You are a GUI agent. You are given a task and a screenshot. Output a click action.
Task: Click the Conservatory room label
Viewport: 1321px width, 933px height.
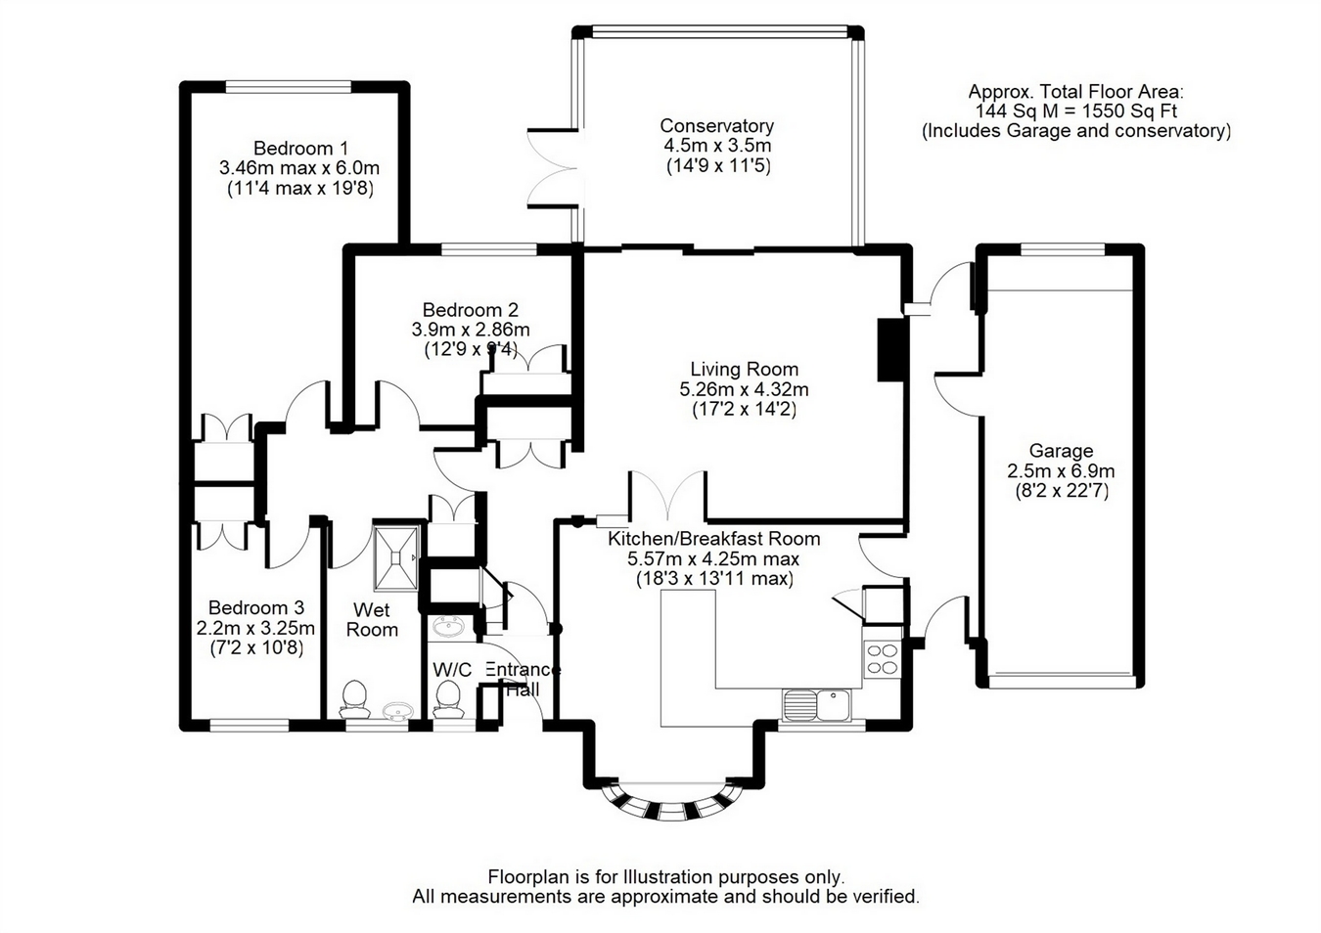(716, 125)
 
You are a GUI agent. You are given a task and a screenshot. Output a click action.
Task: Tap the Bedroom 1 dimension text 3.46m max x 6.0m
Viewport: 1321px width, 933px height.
(299, 168)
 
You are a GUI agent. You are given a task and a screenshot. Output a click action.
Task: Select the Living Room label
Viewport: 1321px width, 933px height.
(745, 369)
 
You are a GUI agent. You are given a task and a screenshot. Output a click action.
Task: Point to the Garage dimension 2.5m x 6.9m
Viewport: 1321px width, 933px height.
(1061, 471)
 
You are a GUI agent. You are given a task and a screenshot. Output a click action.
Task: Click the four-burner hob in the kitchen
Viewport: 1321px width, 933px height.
(883, 659)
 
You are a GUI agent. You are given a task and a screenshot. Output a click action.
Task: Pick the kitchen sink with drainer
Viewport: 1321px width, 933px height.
(816, 704)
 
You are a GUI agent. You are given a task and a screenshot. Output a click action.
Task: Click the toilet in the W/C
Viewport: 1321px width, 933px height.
(447, 699)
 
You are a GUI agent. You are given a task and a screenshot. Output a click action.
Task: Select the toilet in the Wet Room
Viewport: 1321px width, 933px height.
(354, 699)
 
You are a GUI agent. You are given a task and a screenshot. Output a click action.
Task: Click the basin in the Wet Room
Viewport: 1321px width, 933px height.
(395, 711)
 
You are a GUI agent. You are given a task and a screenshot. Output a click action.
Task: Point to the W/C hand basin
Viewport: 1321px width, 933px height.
(449, 626)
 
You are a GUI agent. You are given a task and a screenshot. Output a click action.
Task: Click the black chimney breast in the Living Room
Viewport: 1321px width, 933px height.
(890, 350)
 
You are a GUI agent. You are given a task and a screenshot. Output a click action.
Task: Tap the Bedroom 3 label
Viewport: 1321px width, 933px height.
(256, 607)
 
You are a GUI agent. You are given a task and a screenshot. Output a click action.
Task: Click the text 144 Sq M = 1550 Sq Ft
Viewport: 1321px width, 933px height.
(1076, 111)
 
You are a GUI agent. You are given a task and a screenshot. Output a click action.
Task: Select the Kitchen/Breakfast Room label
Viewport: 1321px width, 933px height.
(714, 538)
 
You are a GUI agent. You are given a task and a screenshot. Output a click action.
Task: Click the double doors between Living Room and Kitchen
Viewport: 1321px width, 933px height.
(667, 496)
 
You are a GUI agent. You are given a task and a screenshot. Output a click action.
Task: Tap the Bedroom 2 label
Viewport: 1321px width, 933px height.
(470, 309)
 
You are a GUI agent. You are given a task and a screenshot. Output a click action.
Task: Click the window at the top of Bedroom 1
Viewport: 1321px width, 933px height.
(289, 87)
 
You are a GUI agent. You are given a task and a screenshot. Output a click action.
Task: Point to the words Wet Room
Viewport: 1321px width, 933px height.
(372, 619)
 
